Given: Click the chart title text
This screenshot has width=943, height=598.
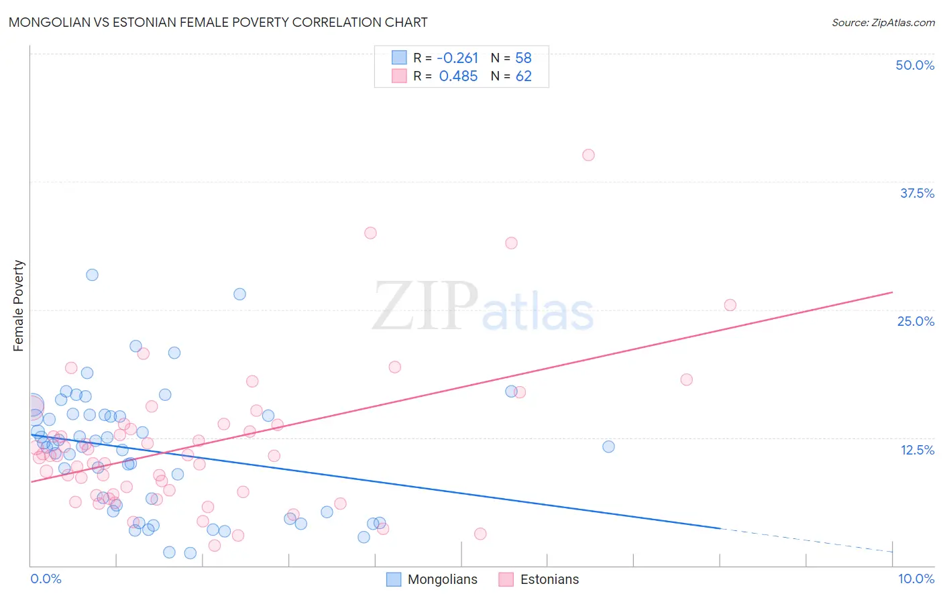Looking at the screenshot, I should pos(218,22).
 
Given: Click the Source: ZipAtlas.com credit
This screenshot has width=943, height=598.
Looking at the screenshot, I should pos(883,22).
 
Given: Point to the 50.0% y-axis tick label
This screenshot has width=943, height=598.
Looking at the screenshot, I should pos(914,65).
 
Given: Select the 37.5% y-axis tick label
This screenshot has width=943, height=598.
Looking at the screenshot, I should pos(916,193).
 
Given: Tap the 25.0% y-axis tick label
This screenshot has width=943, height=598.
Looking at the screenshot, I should pos(915,321).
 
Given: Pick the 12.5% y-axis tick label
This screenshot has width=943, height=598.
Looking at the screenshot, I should pos(916,450).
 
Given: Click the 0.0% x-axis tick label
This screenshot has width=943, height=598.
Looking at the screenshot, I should pos(46,579).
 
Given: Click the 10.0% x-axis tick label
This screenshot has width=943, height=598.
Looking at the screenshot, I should pos(916,579).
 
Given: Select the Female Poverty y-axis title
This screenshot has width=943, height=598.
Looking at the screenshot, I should pos(19,306).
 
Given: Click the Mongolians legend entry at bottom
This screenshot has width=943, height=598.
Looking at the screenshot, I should pos(433,579).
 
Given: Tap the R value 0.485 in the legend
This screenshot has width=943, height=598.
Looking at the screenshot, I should pos(458,76).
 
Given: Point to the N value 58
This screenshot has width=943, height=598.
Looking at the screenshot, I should pos(523,58).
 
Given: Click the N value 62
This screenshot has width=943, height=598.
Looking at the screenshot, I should pos(523,76).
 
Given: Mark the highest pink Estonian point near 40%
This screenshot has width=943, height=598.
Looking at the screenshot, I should pos(588,155).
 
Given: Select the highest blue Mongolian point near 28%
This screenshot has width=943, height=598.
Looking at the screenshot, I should pos(92,275).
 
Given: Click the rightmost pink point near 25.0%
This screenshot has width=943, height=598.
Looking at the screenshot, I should pos(730,305).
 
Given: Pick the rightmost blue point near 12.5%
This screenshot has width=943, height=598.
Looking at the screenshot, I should pos(608,446).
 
